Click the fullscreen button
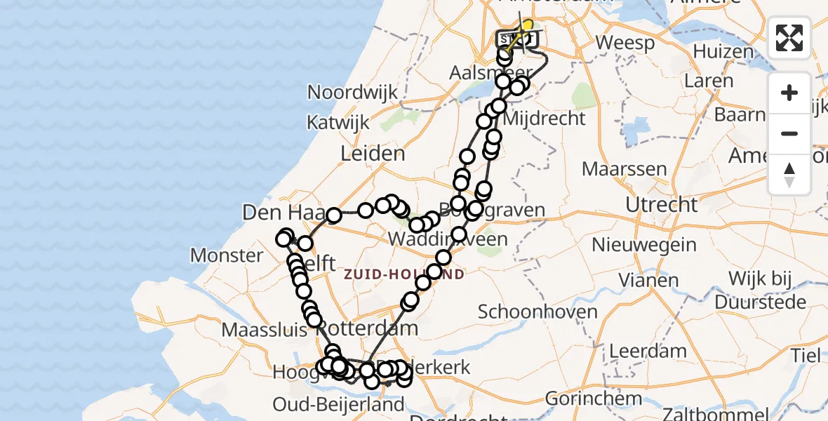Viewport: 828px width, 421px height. coord(789,38)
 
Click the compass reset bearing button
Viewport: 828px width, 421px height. coord(789,175)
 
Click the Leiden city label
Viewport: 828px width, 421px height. coord(373,154)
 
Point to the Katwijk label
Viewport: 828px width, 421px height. coord(338,122)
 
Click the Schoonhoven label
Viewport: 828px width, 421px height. coord(537,312)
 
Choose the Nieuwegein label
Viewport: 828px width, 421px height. coord(644,245)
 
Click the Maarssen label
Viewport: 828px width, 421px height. coord(614,169)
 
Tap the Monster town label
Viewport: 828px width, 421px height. coord(227,255)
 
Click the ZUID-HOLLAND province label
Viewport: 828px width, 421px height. coord(403,274)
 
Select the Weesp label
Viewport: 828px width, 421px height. coord(625,41)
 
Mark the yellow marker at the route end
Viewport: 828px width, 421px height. coord(527,26)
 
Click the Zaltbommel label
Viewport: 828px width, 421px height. coord(745,413)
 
